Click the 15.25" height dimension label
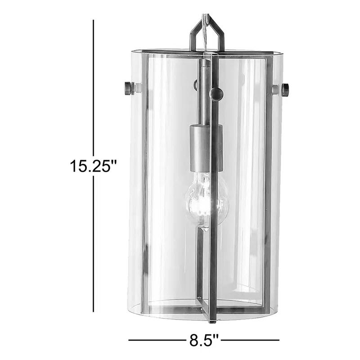pos(93,166)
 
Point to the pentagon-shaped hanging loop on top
pos(207,34)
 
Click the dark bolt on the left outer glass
pos(127,88)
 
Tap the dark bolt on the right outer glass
pos(284,90)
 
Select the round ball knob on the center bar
pos(216,94)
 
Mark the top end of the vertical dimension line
pos(93,21)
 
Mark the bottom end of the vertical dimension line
pos(93,311)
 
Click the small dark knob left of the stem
pos(196,84)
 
